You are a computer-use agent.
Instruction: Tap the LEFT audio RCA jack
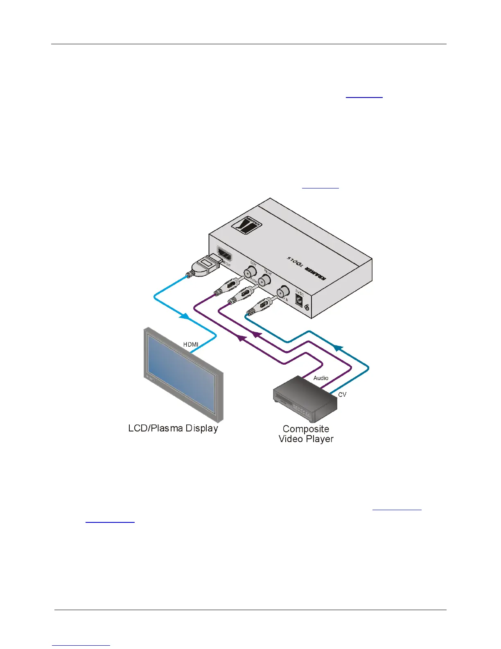click(250, 272)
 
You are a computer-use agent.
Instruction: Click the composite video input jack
click(283, 292)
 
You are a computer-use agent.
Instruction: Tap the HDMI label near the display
click(191, 345)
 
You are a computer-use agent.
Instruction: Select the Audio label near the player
click(321, 378)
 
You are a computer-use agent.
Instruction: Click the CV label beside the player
click(342, 395)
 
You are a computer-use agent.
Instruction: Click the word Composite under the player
click(306, 429)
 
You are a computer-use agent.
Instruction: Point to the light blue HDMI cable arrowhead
click(185, 316)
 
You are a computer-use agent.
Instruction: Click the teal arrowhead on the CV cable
click(337, 348)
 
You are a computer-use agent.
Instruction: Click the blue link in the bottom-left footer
click(81, 645)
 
